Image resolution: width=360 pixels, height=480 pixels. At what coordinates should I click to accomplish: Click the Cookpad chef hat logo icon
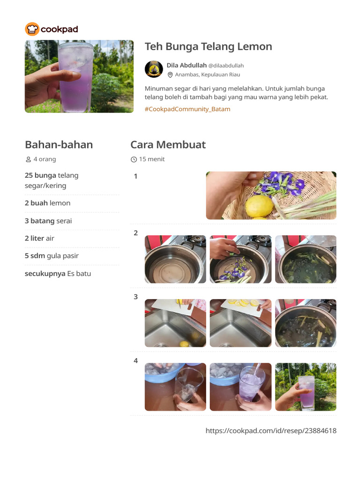pos(32,29)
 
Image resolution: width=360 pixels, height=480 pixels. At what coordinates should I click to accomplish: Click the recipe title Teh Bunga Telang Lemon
pos(208,46)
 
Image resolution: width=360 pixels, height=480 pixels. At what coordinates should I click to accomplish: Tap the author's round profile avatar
pos(154,69)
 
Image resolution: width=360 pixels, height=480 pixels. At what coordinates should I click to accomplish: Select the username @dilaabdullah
pos(226,66)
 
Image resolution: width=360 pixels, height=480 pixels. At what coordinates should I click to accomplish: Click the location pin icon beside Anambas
pos(170,75)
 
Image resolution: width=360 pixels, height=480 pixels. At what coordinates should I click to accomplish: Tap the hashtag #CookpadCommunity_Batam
pos(187,109)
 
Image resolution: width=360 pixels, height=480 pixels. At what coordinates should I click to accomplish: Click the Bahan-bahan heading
pos(59,144)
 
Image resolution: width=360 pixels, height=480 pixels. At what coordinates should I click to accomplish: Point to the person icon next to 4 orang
pos(29,159)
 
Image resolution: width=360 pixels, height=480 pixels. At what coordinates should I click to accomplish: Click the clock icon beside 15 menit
pos(134,159)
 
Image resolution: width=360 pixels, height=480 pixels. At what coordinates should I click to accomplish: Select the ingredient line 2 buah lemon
pos(47,203)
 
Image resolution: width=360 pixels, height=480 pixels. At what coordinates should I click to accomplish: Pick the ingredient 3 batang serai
pos(48,221)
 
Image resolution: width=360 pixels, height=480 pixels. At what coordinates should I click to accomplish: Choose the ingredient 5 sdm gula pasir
pos(52,255)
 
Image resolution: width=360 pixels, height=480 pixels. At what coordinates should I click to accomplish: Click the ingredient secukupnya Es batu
pos(58,273)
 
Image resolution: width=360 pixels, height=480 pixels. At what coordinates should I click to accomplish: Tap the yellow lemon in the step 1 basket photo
pos(260,206)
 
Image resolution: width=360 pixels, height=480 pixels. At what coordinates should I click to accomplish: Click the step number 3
pos(135,297)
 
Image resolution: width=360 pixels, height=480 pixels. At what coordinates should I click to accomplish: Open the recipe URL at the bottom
pos(271,431)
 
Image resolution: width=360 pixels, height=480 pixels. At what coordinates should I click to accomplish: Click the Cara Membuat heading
pos(168,144)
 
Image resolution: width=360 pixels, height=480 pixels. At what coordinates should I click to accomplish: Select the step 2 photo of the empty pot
pos(175,259)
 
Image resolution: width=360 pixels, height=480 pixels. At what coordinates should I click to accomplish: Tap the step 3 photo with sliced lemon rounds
pos(240,323)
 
